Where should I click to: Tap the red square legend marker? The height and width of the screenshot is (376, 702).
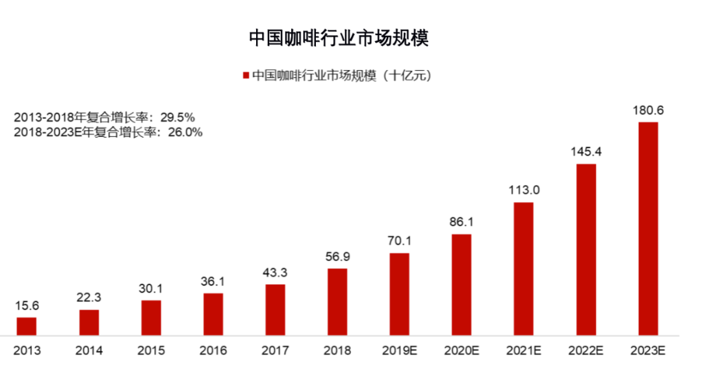(246, 76)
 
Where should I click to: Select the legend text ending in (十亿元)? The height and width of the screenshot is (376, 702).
(341, 76)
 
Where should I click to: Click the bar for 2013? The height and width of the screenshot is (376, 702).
(27, 326)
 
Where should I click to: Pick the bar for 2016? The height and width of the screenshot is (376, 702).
(213, 314)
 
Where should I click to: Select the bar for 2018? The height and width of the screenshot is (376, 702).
(337, 302)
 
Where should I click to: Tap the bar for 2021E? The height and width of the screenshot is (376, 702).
(523, 269)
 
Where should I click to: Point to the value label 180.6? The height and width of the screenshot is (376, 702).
(648, 110)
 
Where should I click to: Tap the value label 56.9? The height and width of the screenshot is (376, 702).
(337, 257)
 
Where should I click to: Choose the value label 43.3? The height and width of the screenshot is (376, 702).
(275, 272)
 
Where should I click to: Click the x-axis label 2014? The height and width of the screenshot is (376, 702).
(89, 351)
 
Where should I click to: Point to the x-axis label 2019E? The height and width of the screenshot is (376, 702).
(399, 351)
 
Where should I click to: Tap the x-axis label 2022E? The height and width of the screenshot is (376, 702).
(586, 351)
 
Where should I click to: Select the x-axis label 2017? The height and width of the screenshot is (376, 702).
(275, 351)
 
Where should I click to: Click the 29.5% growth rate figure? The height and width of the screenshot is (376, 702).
(176, 118)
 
